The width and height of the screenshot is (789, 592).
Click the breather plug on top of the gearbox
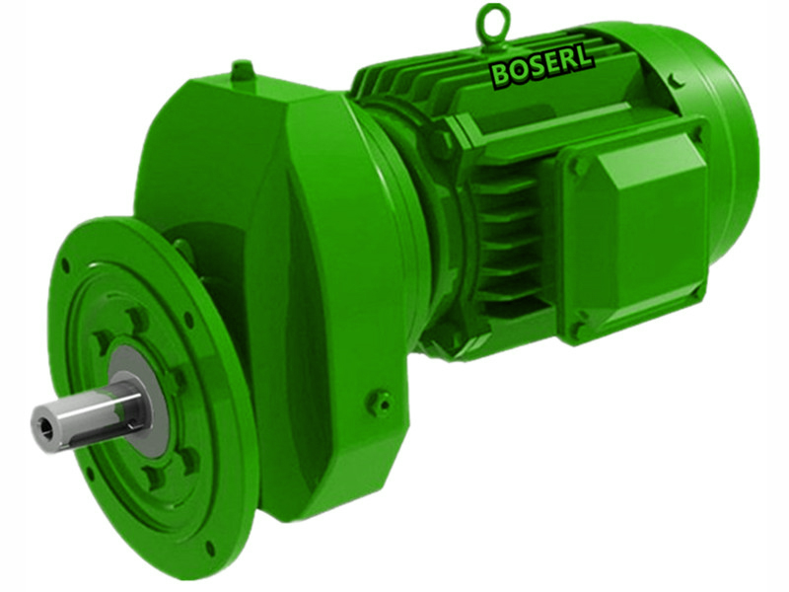[242, 71]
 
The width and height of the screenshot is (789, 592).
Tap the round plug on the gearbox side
[379, 402]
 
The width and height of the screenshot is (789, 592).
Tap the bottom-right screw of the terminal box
[697, 289]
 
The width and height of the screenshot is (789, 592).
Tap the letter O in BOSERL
[517, 71]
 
